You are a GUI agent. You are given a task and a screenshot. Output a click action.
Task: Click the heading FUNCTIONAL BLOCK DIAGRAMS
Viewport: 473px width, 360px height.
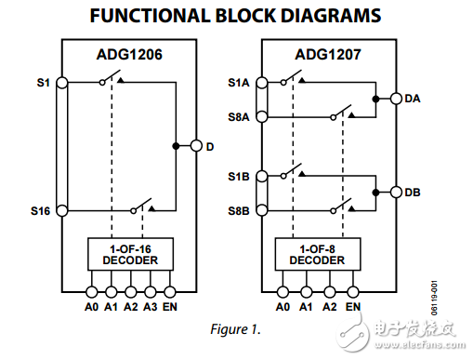tap(236, 16)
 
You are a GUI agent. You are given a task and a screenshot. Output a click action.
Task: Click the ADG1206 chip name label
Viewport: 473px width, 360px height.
tap(129, 54)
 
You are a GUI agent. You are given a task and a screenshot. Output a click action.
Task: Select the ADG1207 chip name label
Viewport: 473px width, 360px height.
tap(330, 54)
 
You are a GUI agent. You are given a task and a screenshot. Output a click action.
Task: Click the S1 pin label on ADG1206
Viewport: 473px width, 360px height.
tap(43, 82)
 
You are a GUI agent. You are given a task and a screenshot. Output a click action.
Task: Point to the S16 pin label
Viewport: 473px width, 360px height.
tap(40, 210)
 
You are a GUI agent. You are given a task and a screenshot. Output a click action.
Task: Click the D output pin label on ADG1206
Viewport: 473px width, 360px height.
tap(210, 146)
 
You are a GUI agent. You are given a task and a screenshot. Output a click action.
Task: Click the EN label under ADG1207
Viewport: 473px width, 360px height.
tap(353, 304)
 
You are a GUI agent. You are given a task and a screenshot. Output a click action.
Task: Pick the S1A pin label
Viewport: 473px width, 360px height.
tap(239, 83)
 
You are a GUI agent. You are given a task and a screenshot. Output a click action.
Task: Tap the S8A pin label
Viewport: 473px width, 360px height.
tap(239, 116)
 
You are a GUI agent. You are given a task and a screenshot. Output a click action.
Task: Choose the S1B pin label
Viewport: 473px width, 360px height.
tap(239, 176)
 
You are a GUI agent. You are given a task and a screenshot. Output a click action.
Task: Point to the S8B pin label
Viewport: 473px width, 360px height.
tap(239, 210)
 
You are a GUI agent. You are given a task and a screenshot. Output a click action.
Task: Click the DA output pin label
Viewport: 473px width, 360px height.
tap(413, 98)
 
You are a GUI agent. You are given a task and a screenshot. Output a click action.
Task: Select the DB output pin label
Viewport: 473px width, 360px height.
tap(413, 193)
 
